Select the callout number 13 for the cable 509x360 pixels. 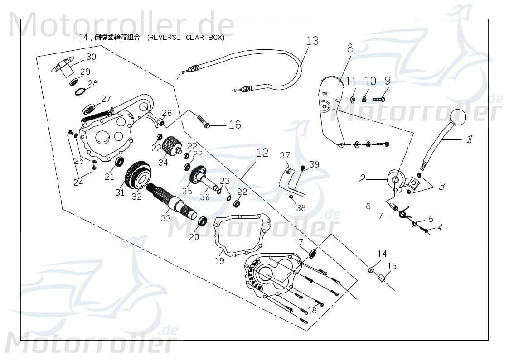(x=312, y=41)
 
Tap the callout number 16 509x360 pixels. (x=235, y=125)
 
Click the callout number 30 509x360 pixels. (x=91, y=57)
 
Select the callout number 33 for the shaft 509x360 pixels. (x=165, y=218)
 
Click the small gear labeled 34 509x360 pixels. (x=171, y=147)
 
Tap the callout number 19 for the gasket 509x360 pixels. (x=219, y=261)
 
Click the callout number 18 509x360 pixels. (x=312, y=310)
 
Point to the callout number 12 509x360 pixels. (x=263, y=153)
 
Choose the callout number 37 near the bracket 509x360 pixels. (x=285, y=156)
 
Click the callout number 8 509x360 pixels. (x=350, y=48)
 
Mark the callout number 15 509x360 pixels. (x=392, y=266)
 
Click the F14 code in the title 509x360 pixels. (x=80, y=38)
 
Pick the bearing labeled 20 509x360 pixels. (x=202, y=222)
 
